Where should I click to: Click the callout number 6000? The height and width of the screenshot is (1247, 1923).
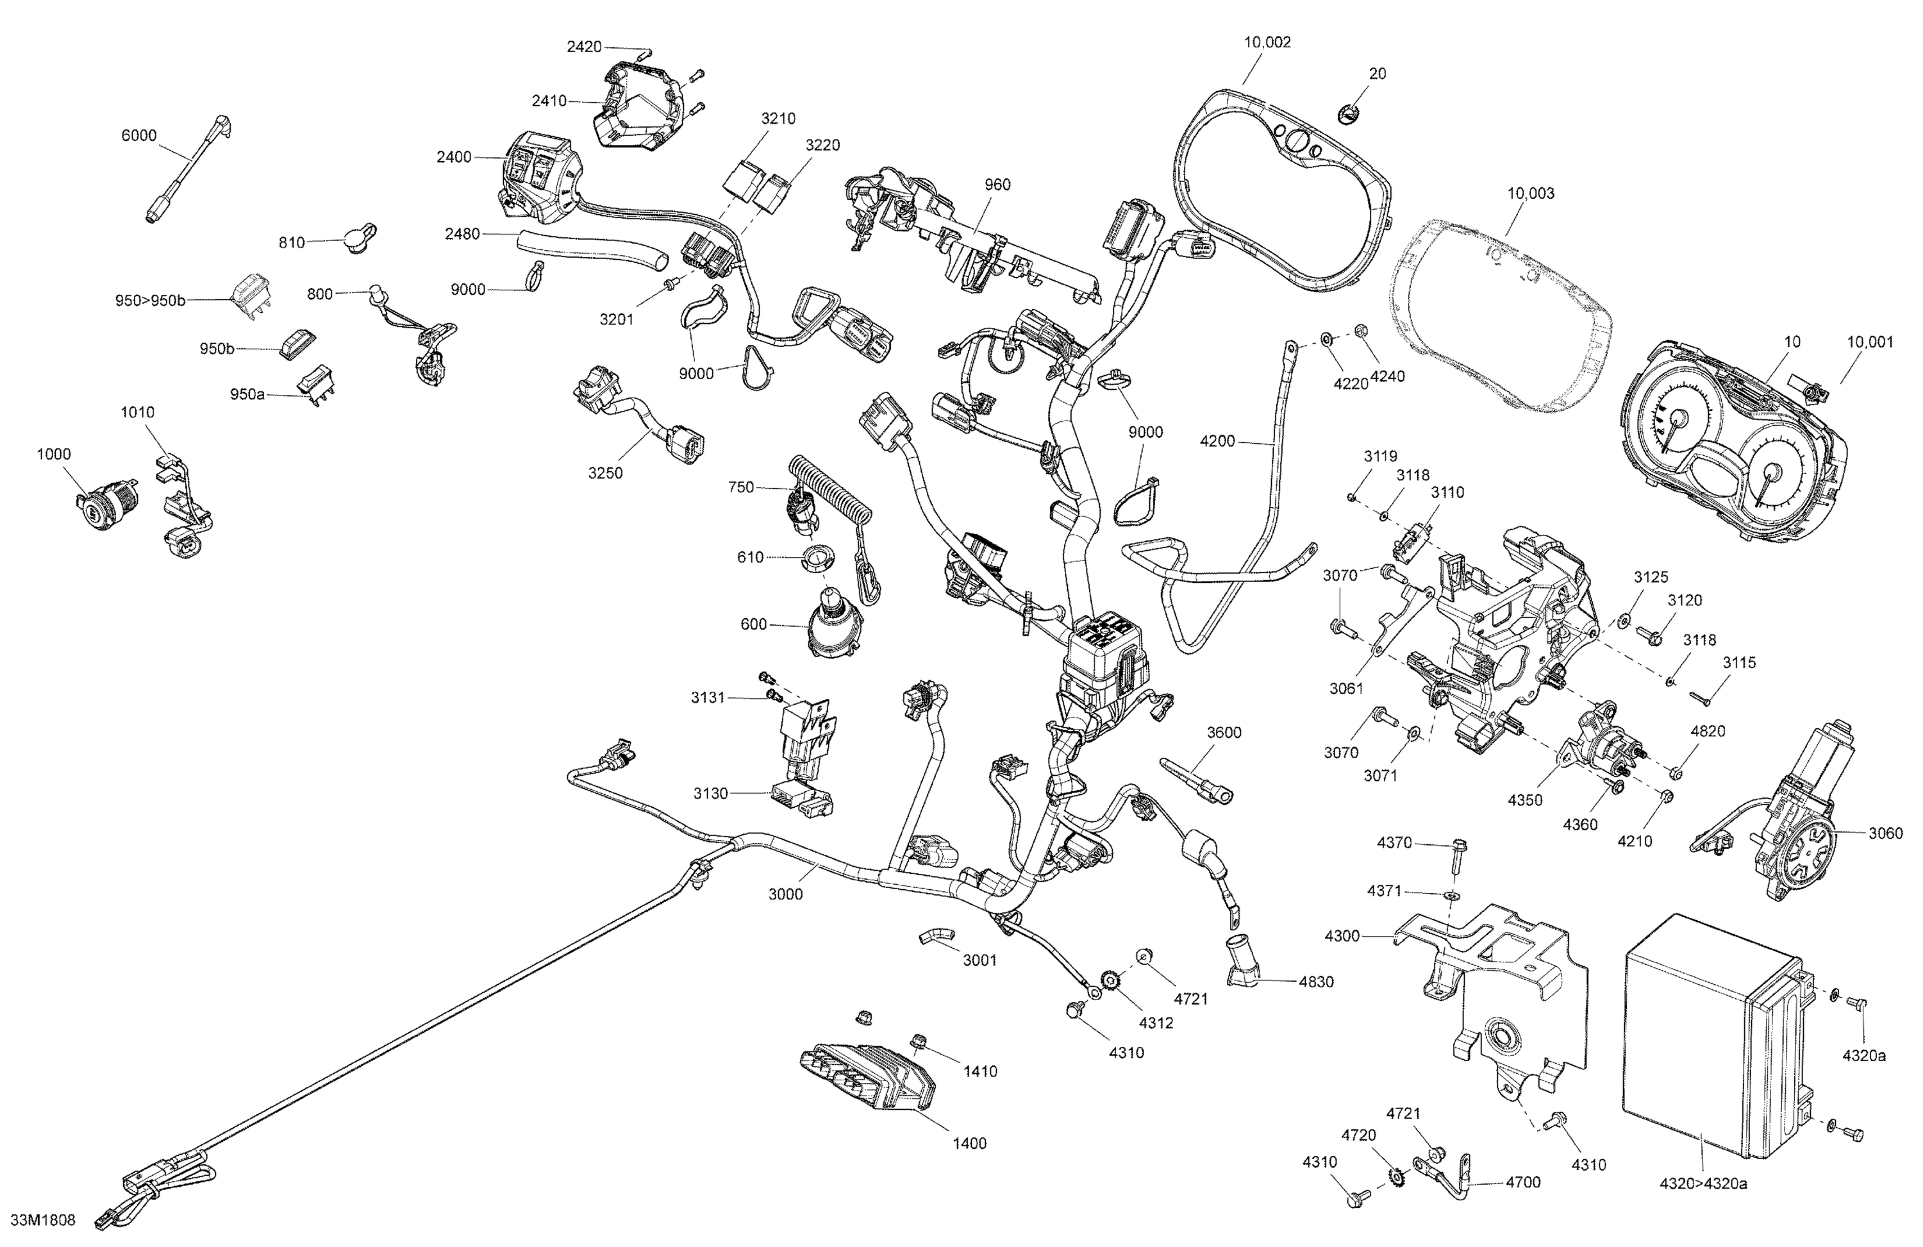[139, 136]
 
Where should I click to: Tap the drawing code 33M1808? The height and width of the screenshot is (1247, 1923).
[44, 1220]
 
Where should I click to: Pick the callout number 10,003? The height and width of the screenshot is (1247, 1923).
[1530, 194]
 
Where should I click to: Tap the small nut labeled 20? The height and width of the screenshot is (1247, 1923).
[1349, 115]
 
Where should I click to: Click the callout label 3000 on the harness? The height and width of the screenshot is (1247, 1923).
[785, 894]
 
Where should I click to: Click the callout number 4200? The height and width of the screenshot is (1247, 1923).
[1217, 441]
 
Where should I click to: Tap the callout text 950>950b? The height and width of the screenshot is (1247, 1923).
[150, 301]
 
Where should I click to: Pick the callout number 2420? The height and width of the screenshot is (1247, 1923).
[583, 47]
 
